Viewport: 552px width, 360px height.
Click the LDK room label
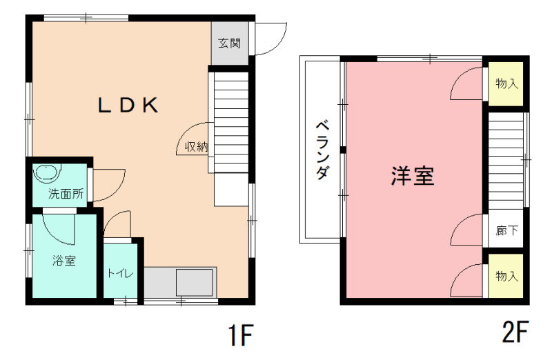pos(128,105)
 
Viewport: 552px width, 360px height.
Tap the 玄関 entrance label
pos(229,43)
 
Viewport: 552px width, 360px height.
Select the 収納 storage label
pos(197,146)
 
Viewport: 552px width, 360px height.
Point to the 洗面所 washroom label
pos(66,194)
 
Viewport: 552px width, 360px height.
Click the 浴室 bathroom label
pos(64,261)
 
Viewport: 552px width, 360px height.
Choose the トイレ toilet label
pos(120,273)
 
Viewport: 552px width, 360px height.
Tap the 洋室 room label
pos(413,176)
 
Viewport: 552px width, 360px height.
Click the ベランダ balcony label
pos(322,150)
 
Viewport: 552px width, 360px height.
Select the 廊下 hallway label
pos(506,230)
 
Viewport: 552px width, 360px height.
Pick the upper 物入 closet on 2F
pos(506,83)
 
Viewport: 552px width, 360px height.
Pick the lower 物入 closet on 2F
pos(506,276)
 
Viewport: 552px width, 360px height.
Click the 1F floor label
pos(241,334)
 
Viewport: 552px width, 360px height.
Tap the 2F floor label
pos(515,331)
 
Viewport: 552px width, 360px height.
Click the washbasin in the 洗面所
pos(47,173)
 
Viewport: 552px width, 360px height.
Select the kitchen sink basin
pos(195,283)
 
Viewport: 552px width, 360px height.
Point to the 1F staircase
pos(231,123)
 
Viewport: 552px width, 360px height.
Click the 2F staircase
pos(506,161)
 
